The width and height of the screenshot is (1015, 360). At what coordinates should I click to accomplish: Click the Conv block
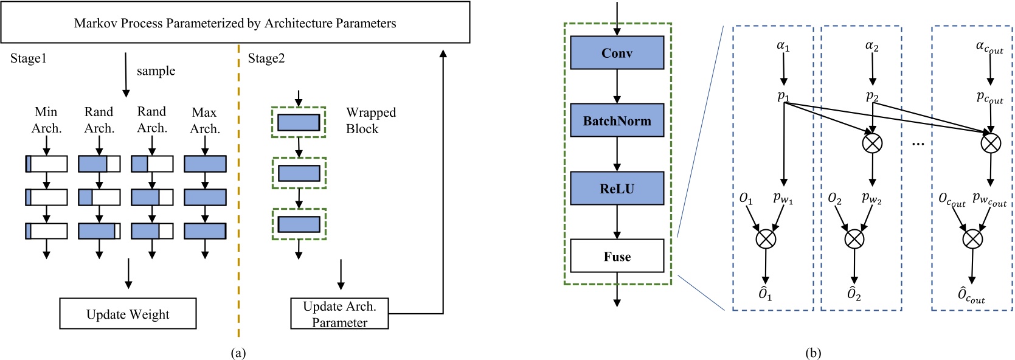tap(617, 53)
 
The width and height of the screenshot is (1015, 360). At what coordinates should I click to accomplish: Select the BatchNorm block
tap(617, 120)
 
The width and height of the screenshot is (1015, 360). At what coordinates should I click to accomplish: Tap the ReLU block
tap(617, 189)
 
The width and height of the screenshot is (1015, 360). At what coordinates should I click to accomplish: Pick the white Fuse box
tap(617, 256)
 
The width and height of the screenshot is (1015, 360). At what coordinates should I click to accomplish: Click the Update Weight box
tap(128, 314)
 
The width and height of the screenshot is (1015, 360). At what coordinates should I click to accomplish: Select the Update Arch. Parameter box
tap(339, 314)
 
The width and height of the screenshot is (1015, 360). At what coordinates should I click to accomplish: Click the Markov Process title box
tap(235, 22)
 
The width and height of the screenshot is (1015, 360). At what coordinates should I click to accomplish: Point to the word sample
tap(156, 71)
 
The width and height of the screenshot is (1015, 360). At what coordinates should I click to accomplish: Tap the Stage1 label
tap(29, 58)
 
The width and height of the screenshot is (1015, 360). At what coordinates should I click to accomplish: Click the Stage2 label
tap(266, 58)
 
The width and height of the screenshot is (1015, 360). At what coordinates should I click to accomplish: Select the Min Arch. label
tap(46, 120)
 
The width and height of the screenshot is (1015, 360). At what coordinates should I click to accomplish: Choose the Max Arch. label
tap(204, 120)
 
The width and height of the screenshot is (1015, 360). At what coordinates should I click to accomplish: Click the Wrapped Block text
tap(370, 120)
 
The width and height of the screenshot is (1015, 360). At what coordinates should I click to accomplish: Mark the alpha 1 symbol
tap(783, 46)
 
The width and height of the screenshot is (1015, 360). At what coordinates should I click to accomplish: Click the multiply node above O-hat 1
tap(766, 238)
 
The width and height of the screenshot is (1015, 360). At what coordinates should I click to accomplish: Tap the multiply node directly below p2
tap(873, 143)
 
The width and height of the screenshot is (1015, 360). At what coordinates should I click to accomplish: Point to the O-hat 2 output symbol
tap(854, 294)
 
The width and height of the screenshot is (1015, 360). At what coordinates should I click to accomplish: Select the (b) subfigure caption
tap(813, 353)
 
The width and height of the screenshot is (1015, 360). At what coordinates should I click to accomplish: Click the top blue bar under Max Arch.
tap(205, 164)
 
